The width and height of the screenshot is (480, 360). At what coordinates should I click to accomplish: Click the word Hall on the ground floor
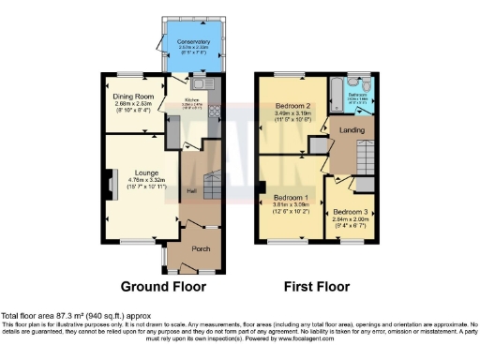tap(192, 192)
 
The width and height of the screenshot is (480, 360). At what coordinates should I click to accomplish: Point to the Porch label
tap(200, 248)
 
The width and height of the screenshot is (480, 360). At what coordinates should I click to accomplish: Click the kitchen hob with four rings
tap(212, 110)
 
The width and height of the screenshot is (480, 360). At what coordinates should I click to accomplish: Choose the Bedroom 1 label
tap(291, 198)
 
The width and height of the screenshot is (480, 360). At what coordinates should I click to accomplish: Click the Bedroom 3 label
tap(349, 213)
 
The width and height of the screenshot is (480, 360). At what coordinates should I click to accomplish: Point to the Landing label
tap(352, 129)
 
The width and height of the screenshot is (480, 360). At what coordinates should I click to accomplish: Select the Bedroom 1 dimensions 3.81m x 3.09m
tap(291, 206)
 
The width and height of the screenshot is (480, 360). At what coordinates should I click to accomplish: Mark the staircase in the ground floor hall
tap(212, 184)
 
